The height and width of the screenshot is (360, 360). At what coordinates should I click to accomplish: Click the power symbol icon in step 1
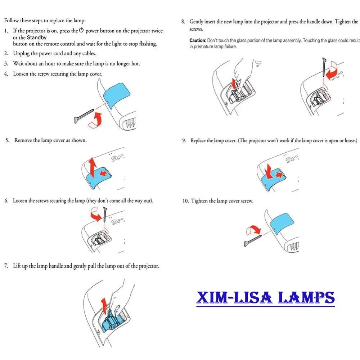81,31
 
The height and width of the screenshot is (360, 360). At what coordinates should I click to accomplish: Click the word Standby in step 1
37,37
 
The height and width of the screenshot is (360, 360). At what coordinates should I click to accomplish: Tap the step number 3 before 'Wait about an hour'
6,64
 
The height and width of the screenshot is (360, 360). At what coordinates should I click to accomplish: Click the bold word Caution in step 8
198,41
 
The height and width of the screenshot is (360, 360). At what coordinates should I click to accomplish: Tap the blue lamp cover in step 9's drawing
274,171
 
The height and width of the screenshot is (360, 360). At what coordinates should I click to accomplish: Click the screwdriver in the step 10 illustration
253,240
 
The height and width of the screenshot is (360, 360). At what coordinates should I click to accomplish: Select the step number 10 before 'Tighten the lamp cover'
185,201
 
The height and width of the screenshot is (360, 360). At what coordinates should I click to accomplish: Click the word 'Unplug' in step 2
22,53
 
